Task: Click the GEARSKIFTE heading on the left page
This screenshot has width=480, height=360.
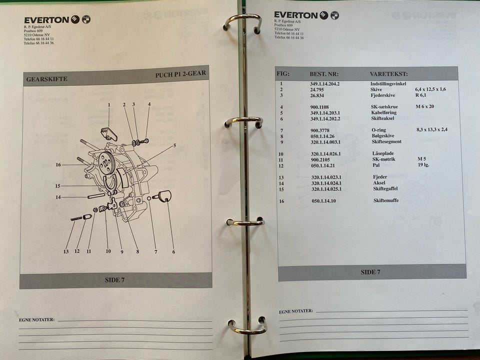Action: pyautogui.click(x=46, y=79)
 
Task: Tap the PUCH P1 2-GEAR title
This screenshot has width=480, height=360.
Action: pyautogui.click(x=180, y=74)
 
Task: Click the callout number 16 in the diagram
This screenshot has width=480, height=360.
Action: pyautogui.click(x=58, y=164)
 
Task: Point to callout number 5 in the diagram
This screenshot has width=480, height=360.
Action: pyautogui.click(x=175, y=145)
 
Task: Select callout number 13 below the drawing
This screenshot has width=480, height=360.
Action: pyautogui.click(x=66, y=251)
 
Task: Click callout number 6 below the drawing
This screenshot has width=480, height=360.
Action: pyautogui.click(x=173, y=251)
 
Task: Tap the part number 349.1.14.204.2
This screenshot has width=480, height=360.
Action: pyautogui.click(x=325, y=83)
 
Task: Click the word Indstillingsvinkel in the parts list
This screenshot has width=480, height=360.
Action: pyautogui.click(x=388, y=83)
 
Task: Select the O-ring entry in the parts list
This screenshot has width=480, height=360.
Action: pyautogui.click(x=379, y=130)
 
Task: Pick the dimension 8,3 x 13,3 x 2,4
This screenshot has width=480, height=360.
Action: pyautogui.click(x=432, y=129)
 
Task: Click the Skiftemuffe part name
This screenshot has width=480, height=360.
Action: pyautogui.click(x=386, y=200)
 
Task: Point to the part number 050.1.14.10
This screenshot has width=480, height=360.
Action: pyautogui.click(x=323, y=201)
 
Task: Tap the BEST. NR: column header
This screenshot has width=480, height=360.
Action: pyautogui.click(x=324, y=74)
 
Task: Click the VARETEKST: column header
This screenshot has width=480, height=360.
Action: pyautogui.click(x=389, y=74)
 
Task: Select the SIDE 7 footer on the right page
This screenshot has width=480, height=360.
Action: pyautogui.click(x=370, y=272)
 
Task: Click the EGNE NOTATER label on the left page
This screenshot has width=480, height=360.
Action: pyautogui.click(x=36, y=319)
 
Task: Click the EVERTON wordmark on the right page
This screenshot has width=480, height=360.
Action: pyautogui.click(x=296, y=15)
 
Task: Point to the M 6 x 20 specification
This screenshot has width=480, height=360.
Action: pyautogui.click(x=425, y=106)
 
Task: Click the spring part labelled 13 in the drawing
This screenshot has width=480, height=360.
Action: pyautogui.click(x=76, y=218)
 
